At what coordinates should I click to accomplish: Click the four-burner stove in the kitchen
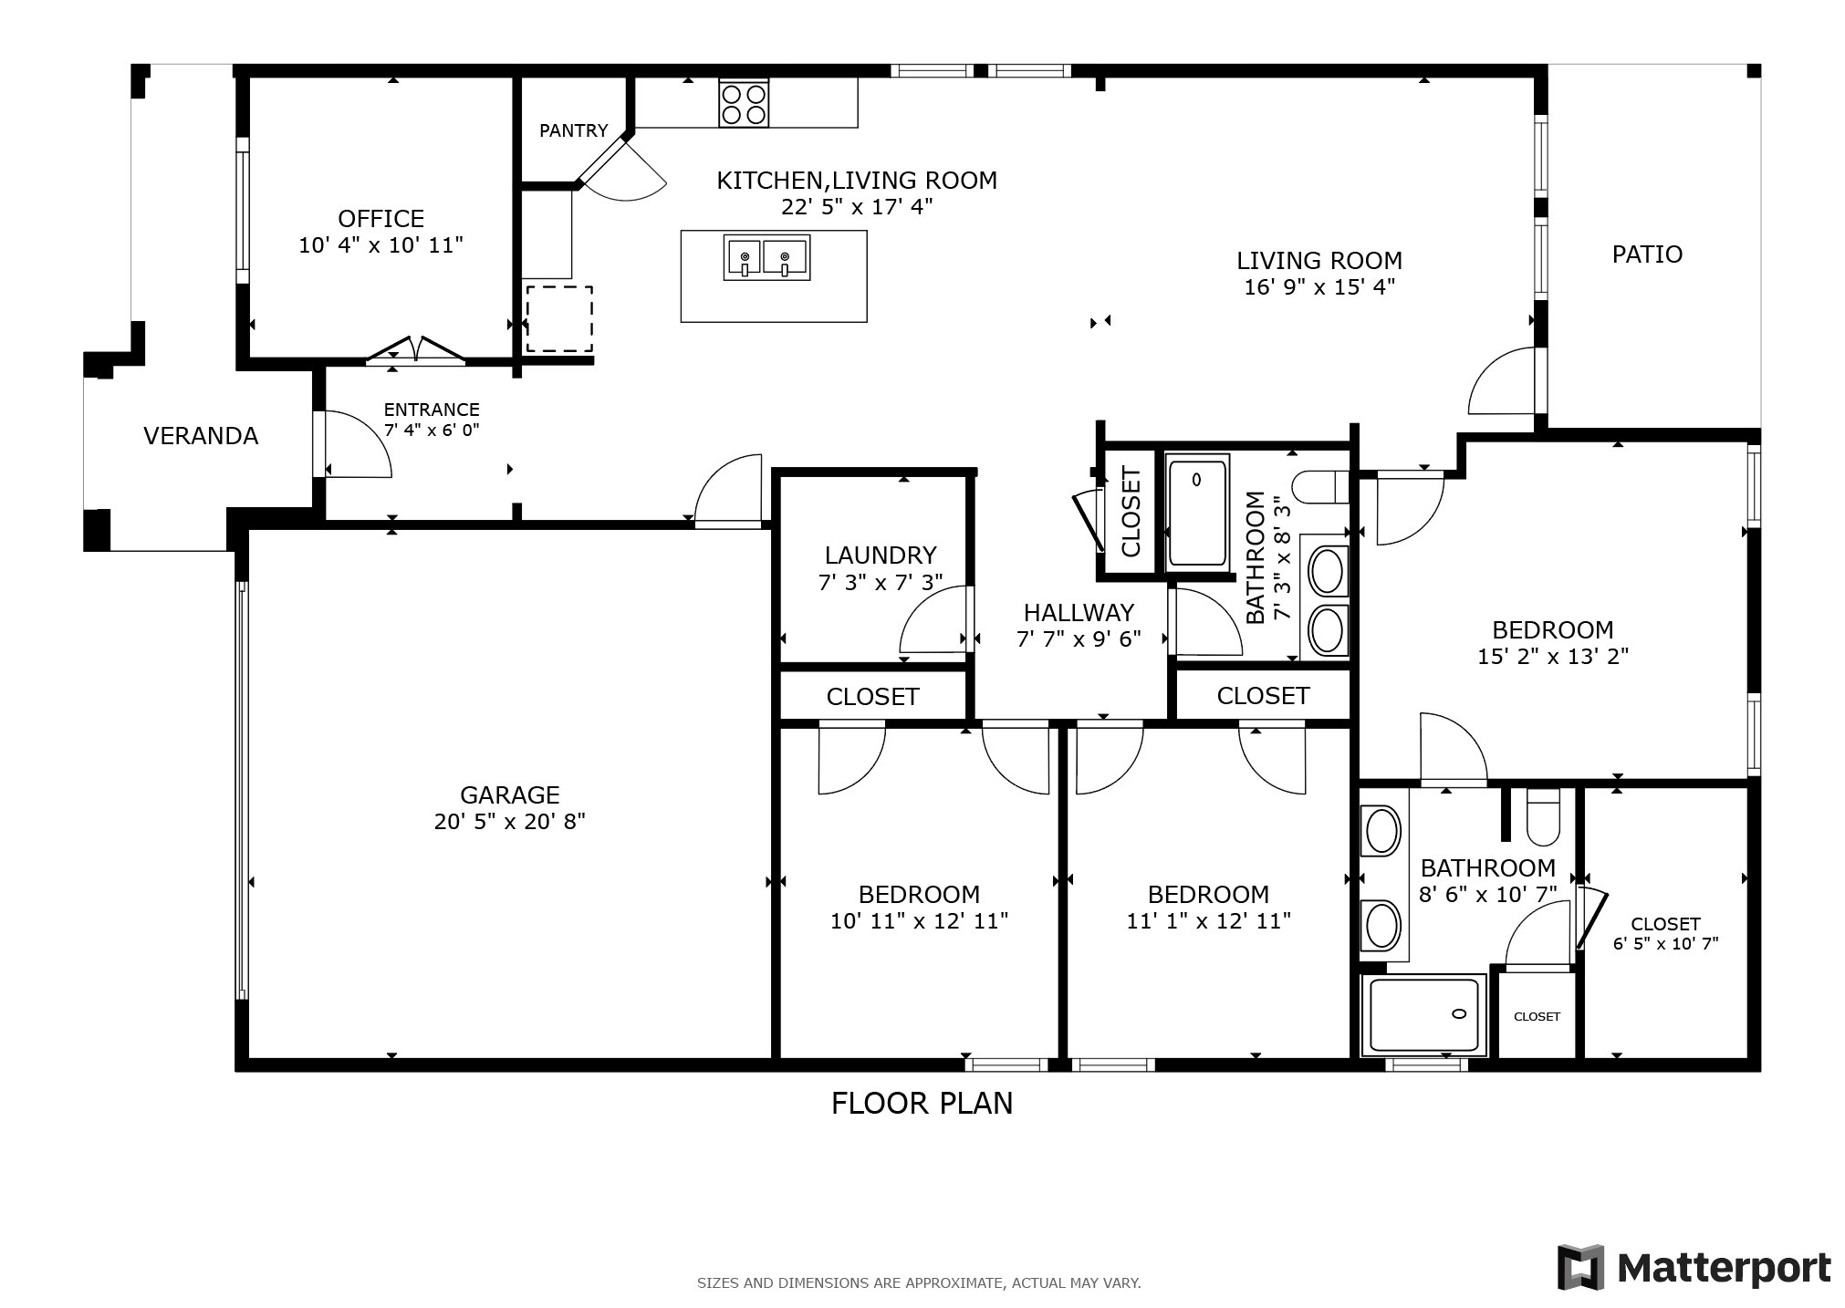click(x=743, y=103)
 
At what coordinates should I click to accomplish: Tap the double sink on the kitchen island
click(x=766, y=258)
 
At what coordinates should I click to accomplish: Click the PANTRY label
click(x=573, y=130)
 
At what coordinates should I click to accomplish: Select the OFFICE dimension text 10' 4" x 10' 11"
click(x=380, y=245)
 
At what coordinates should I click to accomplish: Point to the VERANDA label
click(x=201, y=436)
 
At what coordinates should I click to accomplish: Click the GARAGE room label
click(x=509, y=794)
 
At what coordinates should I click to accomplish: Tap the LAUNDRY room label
click(x=880, y=555)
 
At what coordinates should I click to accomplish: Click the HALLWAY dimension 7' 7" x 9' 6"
click(x=1079, y=638)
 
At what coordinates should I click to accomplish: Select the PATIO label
click(x=1646, y=254)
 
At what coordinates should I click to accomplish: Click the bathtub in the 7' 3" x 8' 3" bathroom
click(x=1198, y=513)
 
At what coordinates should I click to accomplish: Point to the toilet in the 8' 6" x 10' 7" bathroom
click(x=1543, y=817)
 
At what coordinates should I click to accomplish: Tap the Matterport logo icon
click(x=1580, y=1267)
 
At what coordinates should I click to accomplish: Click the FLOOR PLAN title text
click(x=922, y=1104)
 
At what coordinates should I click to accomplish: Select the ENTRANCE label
click(x=431, y=410)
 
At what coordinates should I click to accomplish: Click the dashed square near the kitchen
click(x=559, y=318)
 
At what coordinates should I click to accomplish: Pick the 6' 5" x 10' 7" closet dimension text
click(x=1665, y=944)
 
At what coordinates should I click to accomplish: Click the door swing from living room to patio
click(x=1501, y=383)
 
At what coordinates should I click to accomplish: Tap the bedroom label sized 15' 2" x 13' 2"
click(x=1552, y=630)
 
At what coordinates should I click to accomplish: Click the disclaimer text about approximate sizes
click(x=918, y=1282)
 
